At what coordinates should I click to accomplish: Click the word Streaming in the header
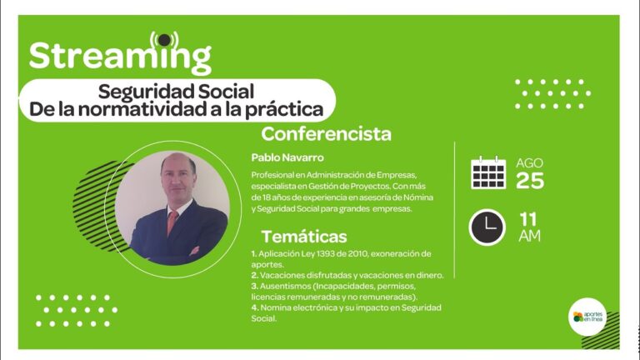[120, 57]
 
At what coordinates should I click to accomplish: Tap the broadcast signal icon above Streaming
[164, 40]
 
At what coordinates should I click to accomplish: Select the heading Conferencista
[326, 134]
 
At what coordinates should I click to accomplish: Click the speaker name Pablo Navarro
[287, 157]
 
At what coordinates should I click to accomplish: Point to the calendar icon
[488, 172]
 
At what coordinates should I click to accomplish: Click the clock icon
[487, 227]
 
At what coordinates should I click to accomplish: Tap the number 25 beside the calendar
[530, 181]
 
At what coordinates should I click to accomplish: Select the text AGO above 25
[529, 162]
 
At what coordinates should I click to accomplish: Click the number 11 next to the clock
[527, 220]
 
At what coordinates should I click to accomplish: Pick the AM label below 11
[529, 236]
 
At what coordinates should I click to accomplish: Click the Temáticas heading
[304, 237]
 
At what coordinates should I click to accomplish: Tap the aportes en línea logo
[587, 317]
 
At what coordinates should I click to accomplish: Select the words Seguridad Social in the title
[176, 91]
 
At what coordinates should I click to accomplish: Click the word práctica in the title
[284, 109]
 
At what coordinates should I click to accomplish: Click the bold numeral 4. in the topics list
[255, 307]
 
